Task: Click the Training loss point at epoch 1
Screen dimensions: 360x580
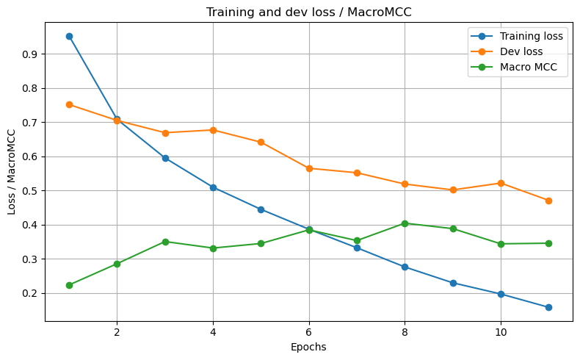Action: coord(69,36)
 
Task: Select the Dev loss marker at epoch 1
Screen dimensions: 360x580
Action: coord(69,104)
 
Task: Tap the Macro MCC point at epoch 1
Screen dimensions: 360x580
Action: coord(69,285)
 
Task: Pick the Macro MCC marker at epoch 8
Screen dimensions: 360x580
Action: coord(405,223)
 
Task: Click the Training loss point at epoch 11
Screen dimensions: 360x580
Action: coord(548,307)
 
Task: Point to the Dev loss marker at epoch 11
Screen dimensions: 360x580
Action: coord(548,201)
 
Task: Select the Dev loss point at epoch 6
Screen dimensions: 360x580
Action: coord(309,168)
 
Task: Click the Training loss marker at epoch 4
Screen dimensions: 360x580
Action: coord(213,187)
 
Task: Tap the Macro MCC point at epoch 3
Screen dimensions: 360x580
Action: coord(165,242)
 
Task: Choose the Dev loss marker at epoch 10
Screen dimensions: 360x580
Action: coord(501,183)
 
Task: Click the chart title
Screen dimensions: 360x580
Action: coord(308,12)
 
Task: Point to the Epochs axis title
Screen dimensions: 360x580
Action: coord(308,346)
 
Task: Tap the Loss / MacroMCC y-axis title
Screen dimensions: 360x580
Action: coord(12,172)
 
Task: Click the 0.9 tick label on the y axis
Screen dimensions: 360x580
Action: coord(31,54)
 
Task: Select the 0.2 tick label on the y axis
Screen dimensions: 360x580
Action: coord(31,293)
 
